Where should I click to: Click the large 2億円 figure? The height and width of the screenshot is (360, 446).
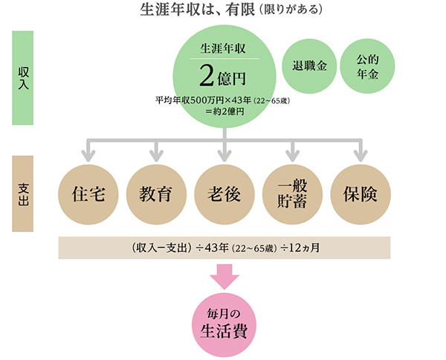(223, 76)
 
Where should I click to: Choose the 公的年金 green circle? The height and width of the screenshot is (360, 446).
(367, 64)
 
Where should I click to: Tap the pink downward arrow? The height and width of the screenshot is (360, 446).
(224, 276)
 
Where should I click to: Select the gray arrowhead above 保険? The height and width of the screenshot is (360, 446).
(360, 155)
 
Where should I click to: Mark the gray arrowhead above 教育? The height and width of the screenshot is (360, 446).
(156, 155)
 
